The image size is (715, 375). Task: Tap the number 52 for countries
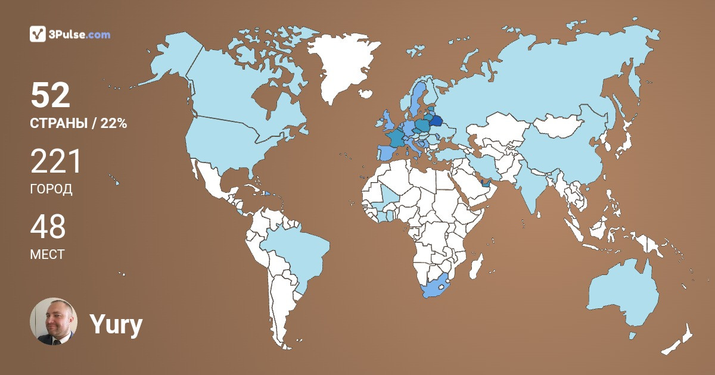point(51,95)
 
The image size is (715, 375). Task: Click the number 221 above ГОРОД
point(55,161)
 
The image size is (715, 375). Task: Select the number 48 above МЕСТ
point(48,227)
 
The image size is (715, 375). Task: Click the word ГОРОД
point(51,189)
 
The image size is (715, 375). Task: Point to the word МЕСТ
point(47,255)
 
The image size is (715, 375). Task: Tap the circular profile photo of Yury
point(54,321)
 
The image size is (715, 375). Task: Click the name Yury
point(116,324)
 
